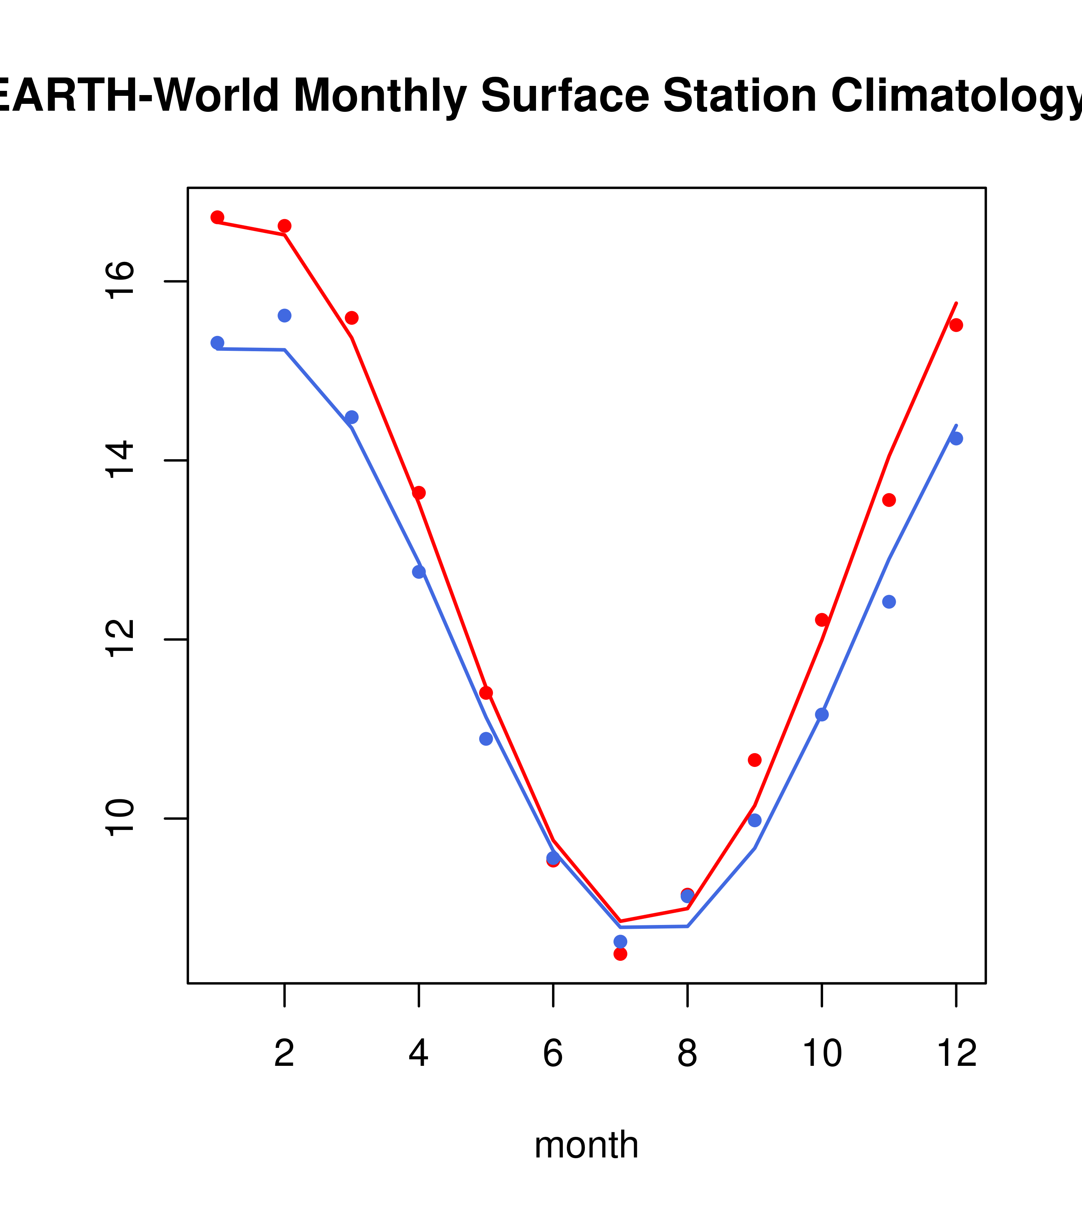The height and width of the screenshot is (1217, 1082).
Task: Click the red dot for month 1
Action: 217,217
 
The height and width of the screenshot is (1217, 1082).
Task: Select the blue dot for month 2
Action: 285,316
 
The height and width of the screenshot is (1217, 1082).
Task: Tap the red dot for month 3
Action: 352,318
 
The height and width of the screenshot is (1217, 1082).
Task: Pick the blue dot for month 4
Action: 419,571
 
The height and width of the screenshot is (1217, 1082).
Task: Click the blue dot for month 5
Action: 486,739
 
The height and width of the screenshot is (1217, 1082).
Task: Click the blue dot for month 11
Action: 889,602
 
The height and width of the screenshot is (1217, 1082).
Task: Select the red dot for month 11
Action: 889,500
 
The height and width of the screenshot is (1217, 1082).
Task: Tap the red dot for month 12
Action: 956,325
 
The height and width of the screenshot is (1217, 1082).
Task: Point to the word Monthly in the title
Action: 380,97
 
